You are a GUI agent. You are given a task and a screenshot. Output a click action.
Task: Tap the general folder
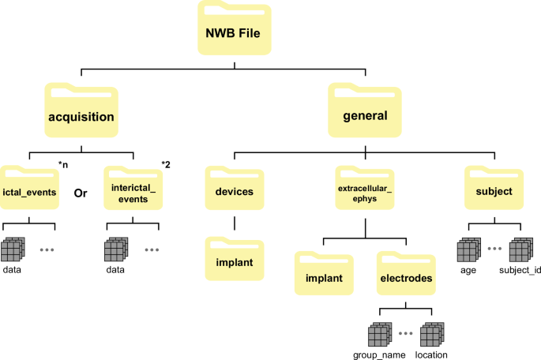(365, 115)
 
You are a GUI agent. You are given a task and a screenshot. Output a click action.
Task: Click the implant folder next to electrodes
(325, 276)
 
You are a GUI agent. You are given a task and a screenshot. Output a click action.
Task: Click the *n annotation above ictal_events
(63, 163)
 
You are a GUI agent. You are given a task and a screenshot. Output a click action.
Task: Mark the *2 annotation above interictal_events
(166, 163)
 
